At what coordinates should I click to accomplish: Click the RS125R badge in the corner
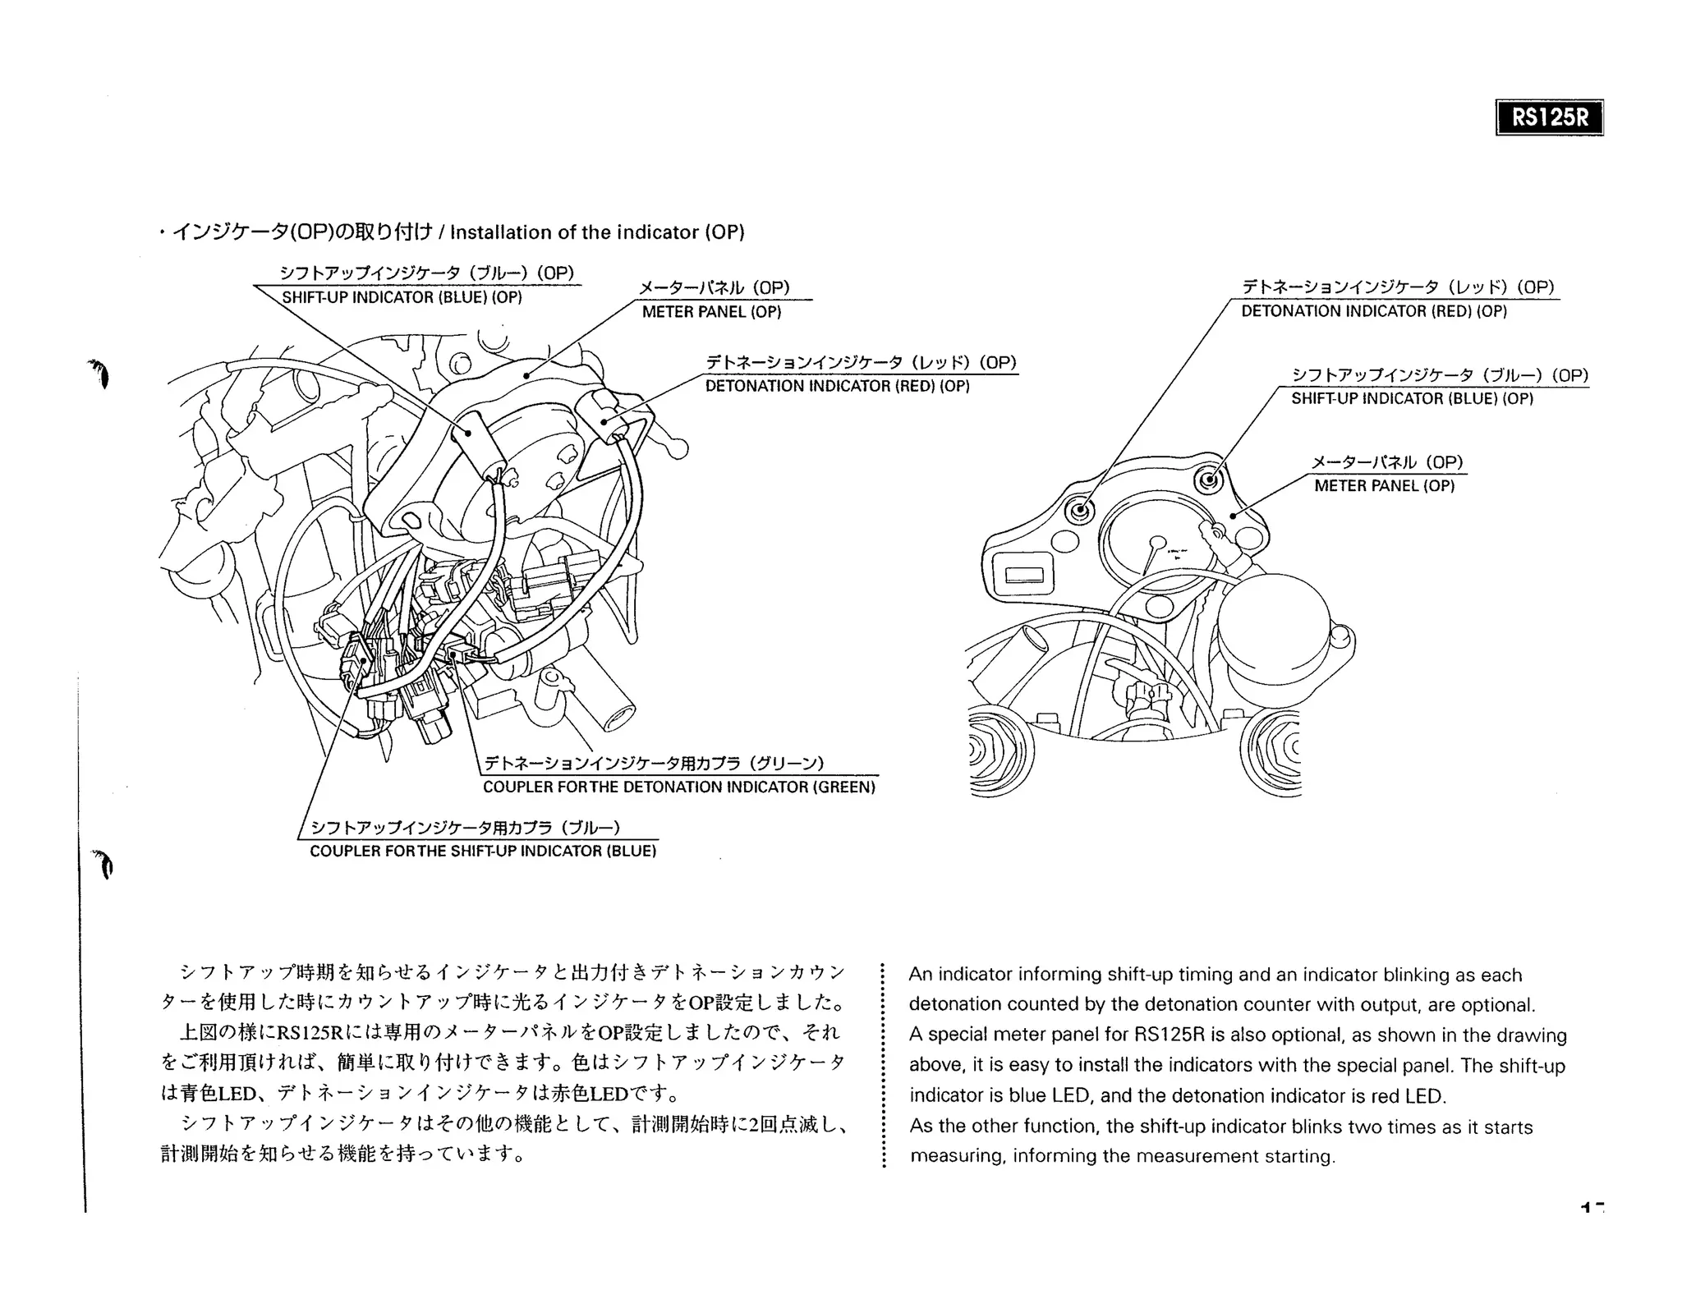click(1549, 117)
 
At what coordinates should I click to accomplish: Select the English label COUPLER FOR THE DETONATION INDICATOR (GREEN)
click(678, 787)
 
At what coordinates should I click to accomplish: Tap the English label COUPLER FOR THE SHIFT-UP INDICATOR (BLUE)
click(483, 851)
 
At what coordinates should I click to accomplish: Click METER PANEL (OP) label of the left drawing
click(711, 312)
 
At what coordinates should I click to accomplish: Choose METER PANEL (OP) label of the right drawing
click(1384, 486)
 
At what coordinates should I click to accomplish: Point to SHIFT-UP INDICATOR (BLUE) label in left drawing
click(402, 297)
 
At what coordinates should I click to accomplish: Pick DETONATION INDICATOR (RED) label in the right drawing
click(1374, 311)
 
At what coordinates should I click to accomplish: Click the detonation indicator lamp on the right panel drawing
click(1080, 511)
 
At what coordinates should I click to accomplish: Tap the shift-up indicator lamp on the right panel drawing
click(1207, 479)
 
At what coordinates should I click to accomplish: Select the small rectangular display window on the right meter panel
click(1023, 574)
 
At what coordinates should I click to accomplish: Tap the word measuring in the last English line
click(956, 1156)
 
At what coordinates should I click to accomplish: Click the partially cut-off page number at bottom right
click(1593, 1207)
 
